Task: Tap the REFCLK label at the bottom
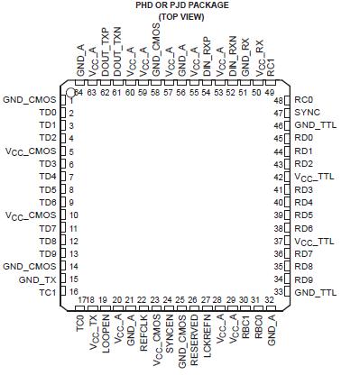(x=143, y=326)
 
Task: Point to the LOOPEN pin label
(x=105, y=326)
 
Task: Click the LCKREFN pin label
(x=207, y=329)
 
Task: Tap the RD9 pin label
(x=303, y=279)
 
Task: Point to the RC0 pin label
(x=303, y=99)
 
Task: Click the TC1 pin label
(x=48, y=293)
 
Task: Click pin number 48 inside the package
(x=280, y=99)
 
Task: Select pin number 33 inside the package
(x=280, y=293)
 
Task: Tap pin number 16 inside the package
(x=71, y=293)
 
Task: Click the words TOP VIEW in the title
(x=180, y=17)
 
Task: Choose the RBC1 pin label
(x=245, y=323)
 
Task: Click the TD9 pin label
(x=48, y=254)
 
